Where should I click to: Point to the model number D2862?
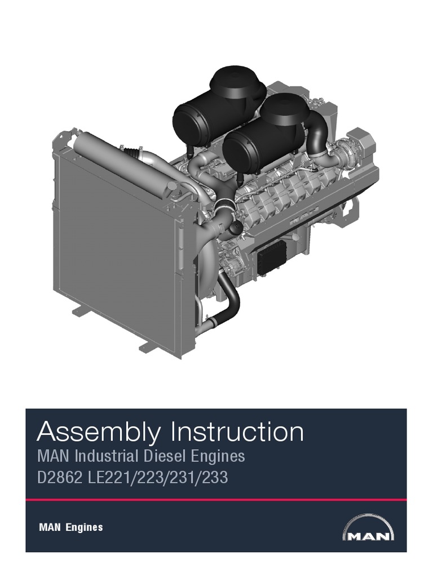(60, 478)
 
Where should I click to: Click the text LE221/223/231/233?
(158, 478)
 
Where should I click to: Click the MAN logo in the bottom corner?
(368, 528)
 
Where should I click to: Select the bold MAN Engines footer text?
(70, 527)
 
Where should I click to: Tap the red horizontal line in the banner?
(216, 500)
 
